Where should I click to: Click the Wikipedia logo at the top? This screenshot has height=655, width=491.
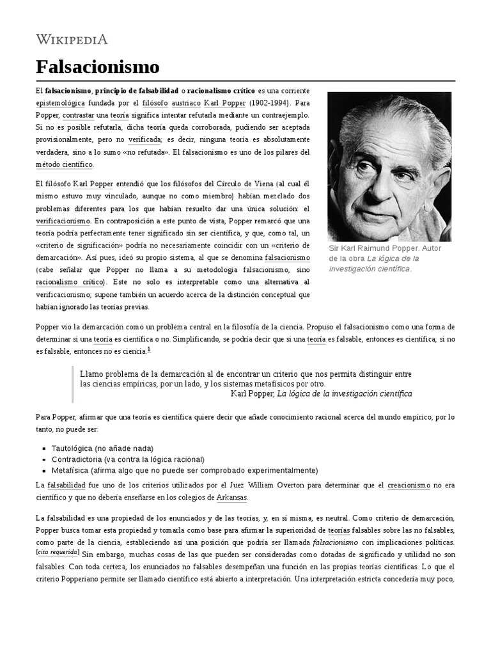pos(72,40)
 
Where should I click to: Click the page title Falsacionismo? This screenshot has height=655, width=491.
pos(97,67)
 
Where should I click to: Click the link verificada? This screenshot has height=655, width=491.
pos(144,139)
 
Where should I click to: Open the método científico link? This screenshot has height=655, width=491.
pos(65,164)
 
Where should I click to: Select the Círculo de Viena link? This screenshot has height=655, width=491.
pos(244,184)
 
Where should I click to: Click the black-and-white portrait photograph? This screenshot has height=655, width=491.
pos(389,166)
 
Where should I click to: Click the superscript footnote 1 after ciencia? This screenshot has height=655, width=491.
pos(149,349)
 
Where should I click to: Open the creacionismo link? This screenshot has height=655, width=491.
pos(409,485)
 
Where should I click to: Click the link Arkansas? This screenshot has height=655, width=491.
pos(231,498)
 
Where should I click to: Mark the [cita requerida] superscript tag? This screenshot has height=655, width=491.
pos(58,551)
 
